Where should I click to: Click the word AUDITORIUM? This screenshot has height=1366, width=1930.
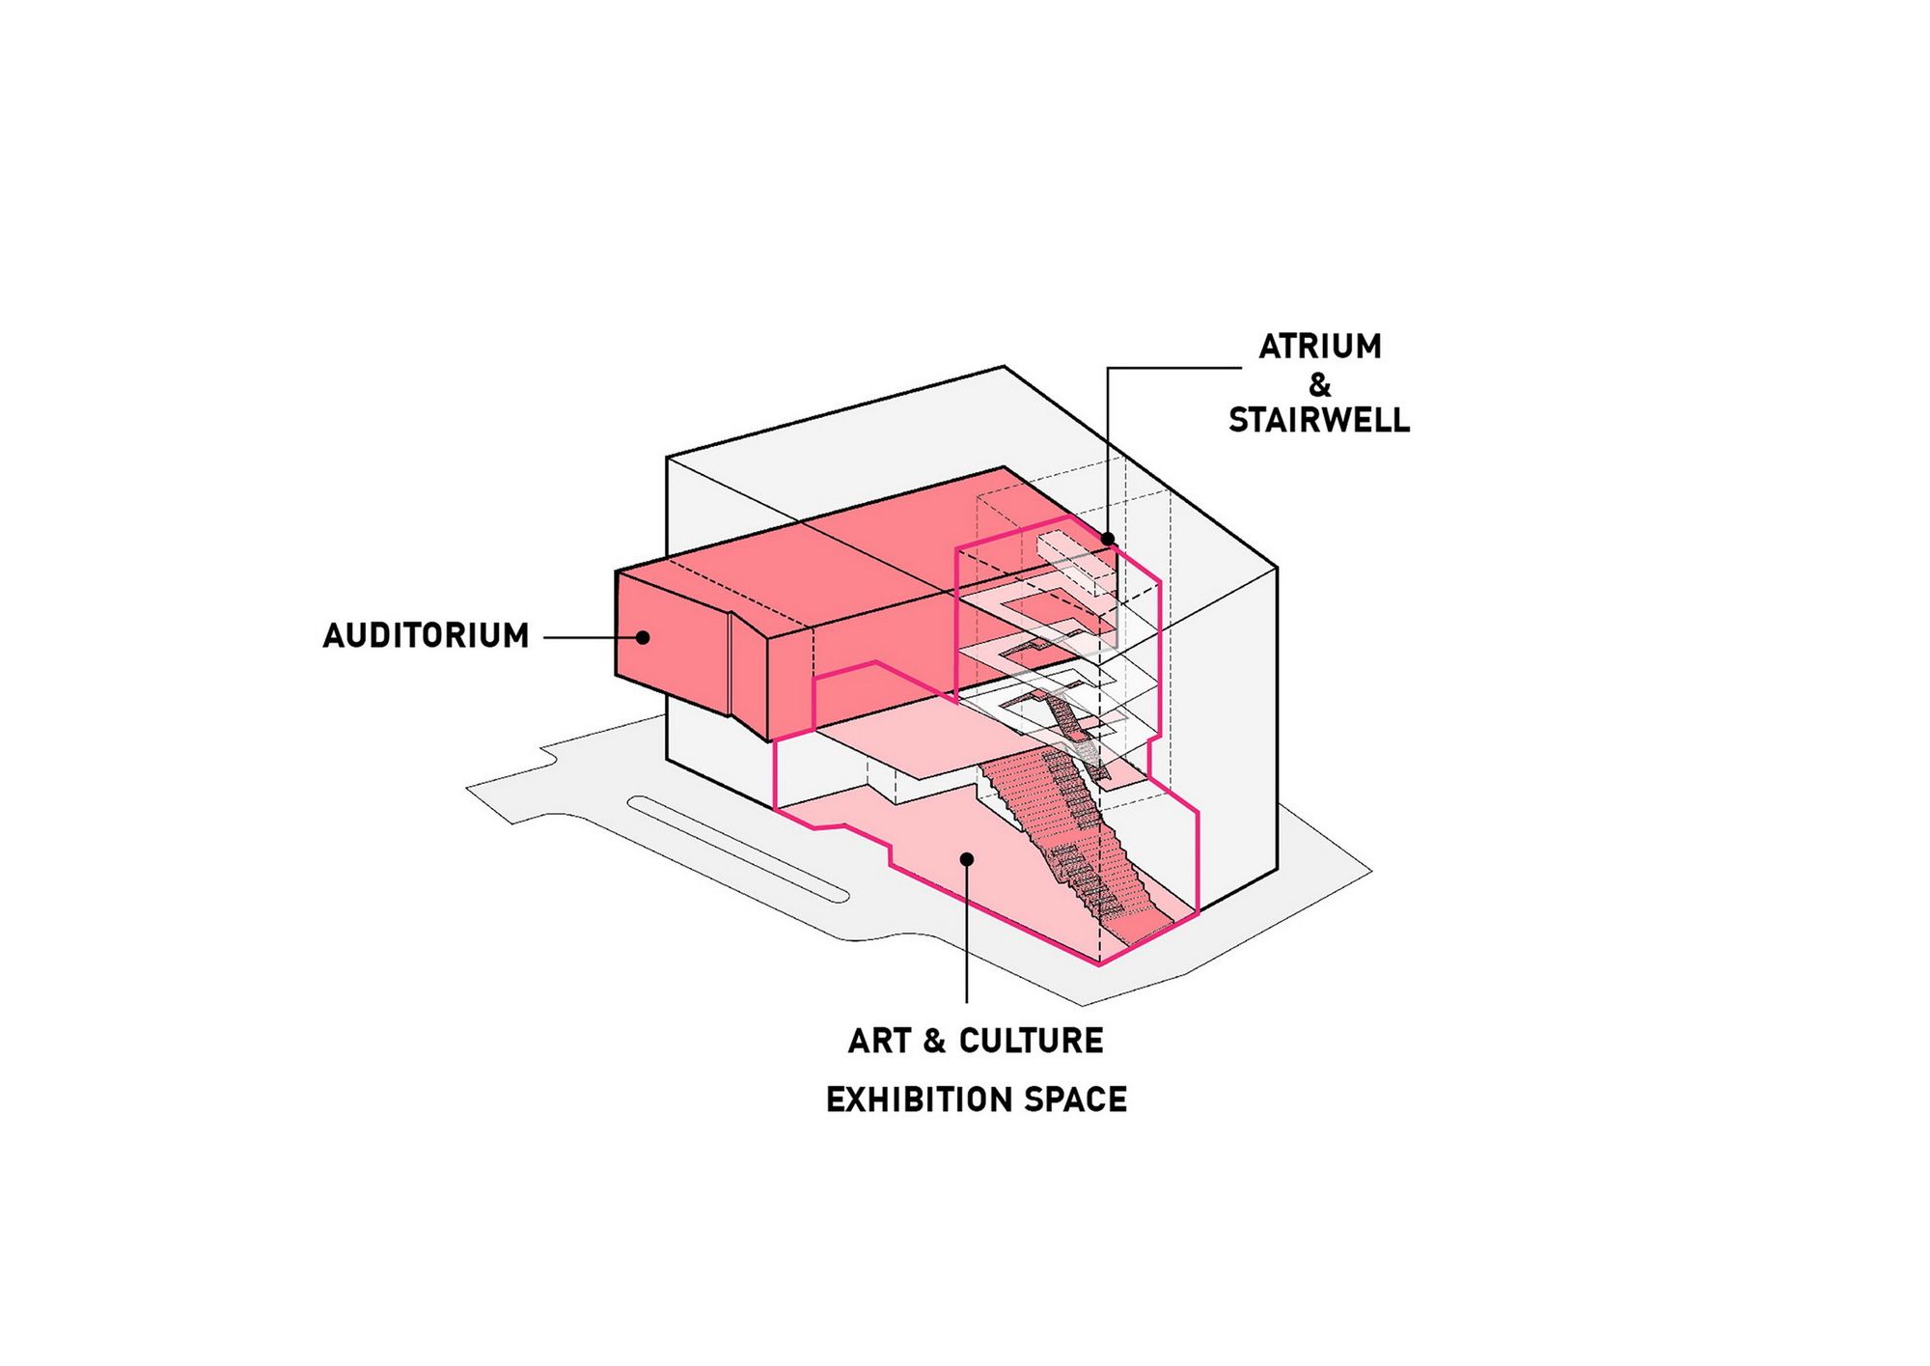pos(426,636)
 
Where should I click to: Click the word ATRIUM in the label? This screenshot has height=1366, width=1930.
pos(1319,347)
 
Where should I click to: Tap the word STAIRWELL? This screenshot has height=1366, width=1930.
pos(1319,420)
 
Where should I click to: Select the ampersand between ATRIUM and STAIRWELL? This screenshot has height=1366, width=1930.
pos(1319,384)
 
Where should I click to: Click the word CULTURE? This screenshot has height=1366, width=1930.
pos(1031,1041)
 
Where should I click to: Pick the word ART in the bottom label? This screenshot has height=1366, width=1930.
pos(879,1041)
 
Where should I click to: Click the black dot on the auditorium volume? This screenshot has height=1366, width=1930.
pos(643,637)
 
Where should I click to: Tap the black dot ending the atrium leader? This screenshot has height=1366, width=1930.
pos(1108,539)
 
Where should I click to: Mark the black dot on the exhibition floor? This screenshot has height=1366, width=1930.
pos(967,858)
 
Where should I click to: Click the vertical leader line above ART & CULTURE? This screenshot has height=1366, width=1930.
pos(967,936)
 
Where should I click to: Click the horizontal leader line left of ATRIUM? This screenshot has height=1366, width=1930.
pos(1172,368)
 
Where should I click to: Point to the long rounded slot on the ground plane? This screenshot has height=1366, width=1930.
pos(738,848)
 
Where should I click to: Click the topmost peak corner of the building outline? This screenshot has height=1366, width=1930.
pos(1004,367)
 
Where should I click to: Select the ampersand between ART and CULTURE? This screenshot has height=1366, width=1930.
pos(933,1041)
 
